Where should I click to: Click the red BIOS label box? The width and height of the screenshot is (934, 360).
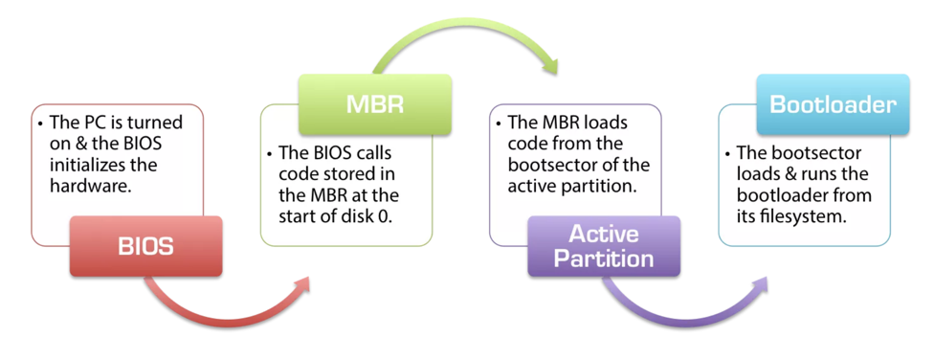pyautogui.click(x=145, y=246)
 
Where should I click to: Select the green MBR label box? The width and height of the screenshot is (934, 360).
pyautogui.click(x=375, y=104)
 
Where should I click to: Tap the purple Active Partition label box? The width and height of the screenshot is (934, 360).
pyautogui.click(x=604, y=246)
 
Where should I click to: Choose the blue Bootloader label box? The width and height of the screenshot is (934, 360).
pyautogui.click(x=833, y=104)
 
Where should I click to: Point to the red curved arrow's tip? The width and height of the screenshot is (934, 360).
pyautogui.click(x=310, y=277)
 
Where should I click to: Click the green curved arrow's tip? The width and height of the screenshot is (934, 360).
pyautogui.click(x=556, y=74)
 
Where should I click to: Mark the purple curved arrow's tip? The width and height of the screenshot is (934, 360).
pyautogui.click(x=767, y=277)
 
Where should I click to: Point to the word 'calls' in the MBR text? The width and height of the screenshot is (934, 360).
pyautogui.click(x=374, y=154)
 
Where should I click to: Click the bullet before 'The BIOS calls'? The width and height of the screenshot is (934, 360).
pyautogui.click(x=271, y=154)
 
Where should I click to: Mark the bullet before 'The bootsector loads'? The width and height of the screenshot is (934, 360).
pyautogui.click(x=728, y=154)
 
